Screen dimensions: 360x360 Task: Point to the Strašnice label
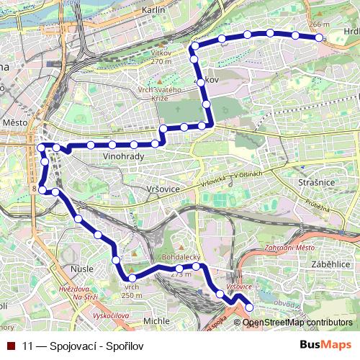[315, 184]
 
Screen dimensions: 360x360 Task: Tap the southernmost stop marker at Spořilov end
[250, 308]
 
